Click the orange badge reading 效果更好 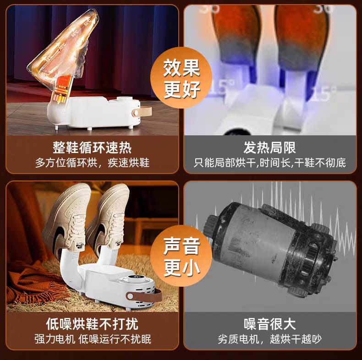tap(181, 78)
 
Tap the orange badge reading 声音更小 tap(181, 256)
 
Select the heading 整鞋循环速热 tap(92, 147)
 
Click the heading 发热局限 tap(269, 147)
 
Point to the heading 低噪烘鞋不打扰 tap(92, 324)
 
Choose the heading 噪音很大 tap(269, 324)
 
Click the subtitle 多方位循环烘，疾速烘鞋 tap(92, 163)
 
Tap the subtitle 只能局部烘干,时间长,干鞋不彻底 tap(269, 163)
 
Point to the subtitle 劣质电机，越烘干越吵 tap(269, 339)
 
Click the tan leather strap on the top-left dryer tap(142, 112)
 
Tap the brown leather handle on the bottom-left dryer tap(143, 296)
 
